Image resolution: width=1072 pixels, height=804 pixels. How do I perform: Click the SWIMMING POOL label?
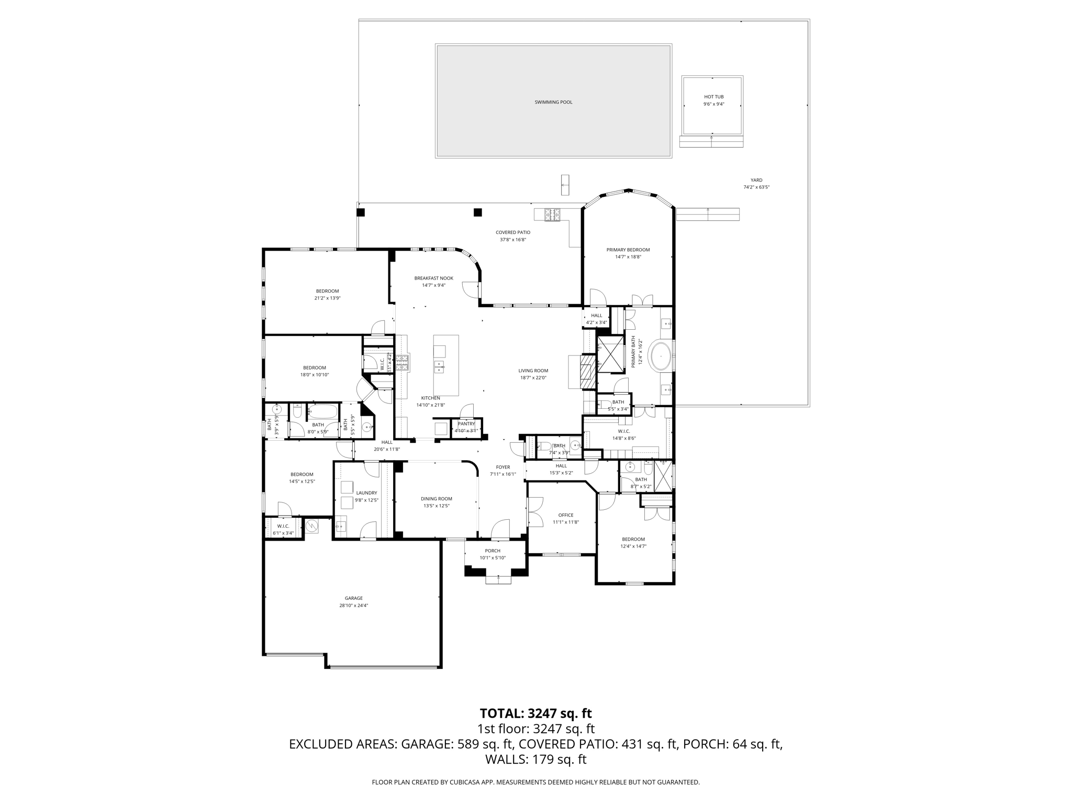(553, 102)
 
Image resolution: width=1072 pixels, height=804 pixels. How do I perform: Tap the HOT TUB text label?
(713, 97)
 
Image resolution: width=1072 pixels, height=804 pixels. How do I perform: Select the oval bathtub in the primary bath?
(661, 356)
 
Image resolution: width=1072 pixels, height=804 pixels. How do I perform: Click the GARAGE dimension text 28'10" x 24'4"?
(353, 606)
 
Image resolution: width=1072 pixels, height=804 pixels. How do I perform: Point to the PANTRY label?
(466, 424)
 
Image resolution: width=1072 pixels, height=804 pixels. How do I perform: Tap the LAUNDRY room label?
(366, 493)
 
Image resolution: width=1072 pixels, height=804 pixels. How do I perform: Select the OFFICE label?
(565, 515)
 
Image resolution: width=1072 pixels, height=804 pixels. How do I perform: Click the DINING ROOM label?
(436, 499)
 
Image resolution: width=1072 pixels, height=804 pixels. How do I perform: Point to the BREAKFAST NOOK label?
(433, 278)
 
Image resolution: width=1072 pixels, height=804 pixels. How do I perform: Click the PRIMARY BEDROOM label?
(628, 250)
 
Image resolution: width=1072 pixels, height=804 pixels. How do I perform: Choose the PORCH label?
(492, 551)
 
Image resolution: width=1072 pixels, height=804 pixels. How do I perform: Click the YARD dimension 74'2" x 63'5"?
(756, 187)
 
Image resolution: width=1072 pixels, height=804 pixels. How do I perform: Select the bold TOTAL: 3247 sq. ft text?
(535, 713)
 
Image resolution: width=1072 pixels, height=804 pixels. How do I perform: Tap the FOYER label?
(502, 467)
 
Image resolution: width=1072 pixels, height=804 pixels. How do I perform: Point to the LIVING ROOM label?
(533, 371)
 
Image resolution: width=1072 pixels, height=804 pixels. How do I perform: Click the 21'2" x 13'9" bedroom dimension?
(327, 298)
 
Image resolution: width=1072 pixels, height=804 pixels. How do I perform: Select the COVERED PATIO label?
(512, 232)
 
